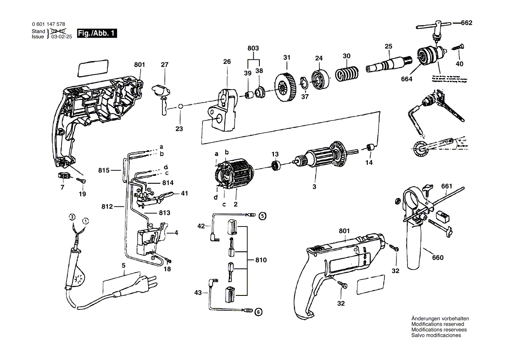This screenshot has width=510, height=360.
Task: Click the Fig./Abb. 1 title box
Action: pyautogui.click(x=96, y=34)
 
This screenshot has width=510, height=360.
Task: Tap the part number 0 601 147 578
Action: pyautogui.click(x=49, y=24)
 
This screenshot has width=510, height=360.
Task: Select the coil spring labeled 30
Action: pyautogui.click(x=347, y=73)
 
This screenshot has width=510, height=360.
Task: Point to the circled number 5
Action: pyautogui.click(x=262, y=215)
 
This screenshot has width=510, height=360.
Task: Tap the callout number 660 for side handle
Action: pyautogui.click(x=438, y=257)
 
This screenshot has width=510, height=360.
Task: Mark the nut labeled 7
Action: pyautogui.click(x=65, y=176)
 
